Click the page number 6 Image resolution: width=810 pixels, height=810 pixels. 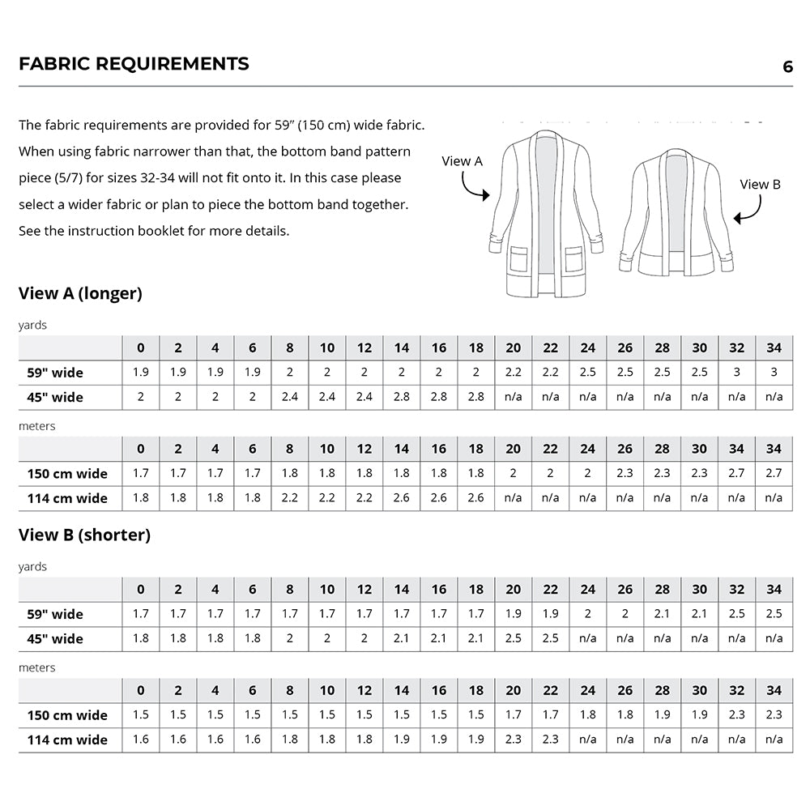(x=787, y=67)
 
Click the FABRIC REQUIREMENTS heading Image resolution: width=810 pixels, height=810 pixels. (x=134, y=64)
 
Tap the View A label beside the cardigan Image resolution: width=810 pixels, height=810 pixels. (x=462, y=161)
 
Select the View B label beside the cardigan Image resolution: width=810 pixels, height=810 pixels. (x=760, y=185)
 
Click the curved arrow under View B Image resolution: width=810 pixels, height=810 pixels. (x=749, y=209)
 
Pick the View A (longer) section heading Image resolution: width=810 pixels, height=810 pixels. (x=80, y=293)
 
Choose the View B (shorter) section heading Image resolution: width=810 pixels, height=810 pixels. (x=84, y=535)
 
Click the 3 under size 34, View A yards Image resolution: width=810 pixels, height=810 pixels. (x=774, y=373)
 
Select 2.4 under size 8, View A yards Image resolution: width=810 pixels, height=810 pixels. (x=290, y=397)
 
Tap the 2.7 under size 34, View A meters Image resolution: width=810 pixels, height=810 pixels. (x=774, y=473)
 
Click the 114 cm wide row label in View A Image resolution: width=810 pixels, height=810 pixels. (x=67, y=498)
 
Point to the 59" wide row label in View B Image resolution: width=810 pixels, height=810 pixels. (x=56, y=614)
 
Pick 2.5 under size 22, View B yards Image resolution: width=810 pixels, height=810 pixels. (x=551, y=638)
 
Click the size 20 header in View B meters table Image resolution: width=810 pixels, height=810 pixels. (x=514, y=690)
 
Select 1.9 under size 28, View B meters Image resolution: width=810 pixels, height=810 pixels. (x=662, y=715)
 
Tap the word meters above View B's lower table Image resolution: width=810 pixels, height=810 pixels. (x=37, y=667)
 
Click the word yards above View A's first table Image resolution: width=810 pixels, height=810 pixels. (x=33, y=325)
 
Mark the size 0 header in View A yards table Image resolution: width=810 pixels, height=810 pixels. (x=141, y=348)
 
